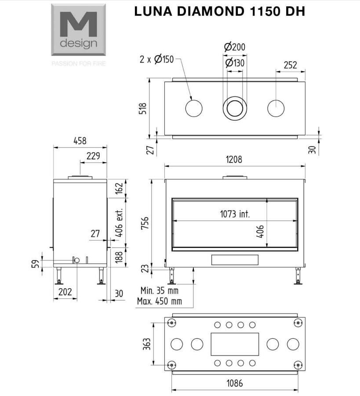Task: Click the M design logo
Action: pyautogui.click(x=78, y=29)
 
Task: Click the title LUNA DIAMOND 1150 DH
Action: pyautogui.click(x=220, y=11)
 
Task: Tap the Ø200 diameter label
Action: pyautogui.click(x=235, y=47)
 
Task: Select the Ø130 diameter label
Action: pyautogui.click(x=235, y=62)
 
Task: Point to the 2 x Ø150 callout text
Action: pyautogui.click(x=156, y=59)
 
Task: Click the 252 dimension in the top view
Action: pyautogui.click(x=291, y=65)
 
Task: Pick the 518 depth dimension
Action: pyautogui.click(x=143, y=109)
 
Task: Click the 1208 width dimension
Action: pyautogui.click(x=234, y=159)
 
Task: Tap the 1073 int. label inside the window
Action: pyautogui.click(x=235, y=214)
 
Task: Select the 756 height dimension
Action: pyautogui.click(x=145, y=223)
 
